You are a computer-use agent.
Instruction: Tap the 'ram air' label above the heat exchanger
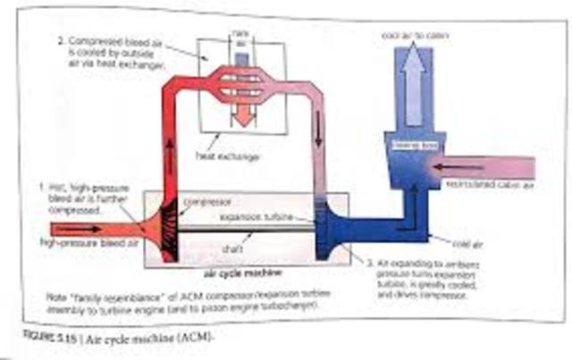pyautogui.click(x=239, y=36)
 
